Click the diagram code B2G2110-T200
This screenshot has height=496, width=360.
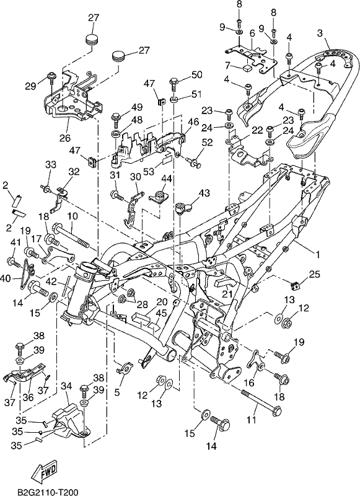coord(43,492)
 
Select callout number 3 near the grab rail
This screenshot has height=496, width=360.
coord(320,33)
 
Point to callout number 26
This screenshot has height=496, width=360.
coord(66,138)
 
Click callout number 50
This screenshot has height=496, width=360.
coord(196,75)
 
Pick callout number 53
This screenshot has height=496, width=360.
coord(149,171)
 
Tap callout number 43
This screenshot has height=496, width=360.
coord(204,193)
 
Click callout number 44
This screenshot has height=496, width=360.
coord(167,179)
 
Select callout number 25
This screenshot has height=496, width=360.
coord(315,274)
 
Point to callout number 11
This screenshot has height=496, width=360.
coord(252,420)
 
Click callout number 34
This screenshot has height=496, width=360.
coord(66,386)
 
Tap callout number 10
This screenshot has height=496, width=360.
coord(72,216)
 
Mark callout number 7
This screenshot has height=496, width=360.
coord(227,66)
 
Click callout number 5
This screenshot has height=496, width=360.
coord(117,393)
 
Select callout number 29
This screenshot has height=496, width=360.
coord(30,86)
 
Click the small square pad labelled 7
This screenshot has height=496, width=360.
coord(247,67)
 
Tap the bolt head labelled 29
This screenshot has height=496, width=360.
coord(50,75)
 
